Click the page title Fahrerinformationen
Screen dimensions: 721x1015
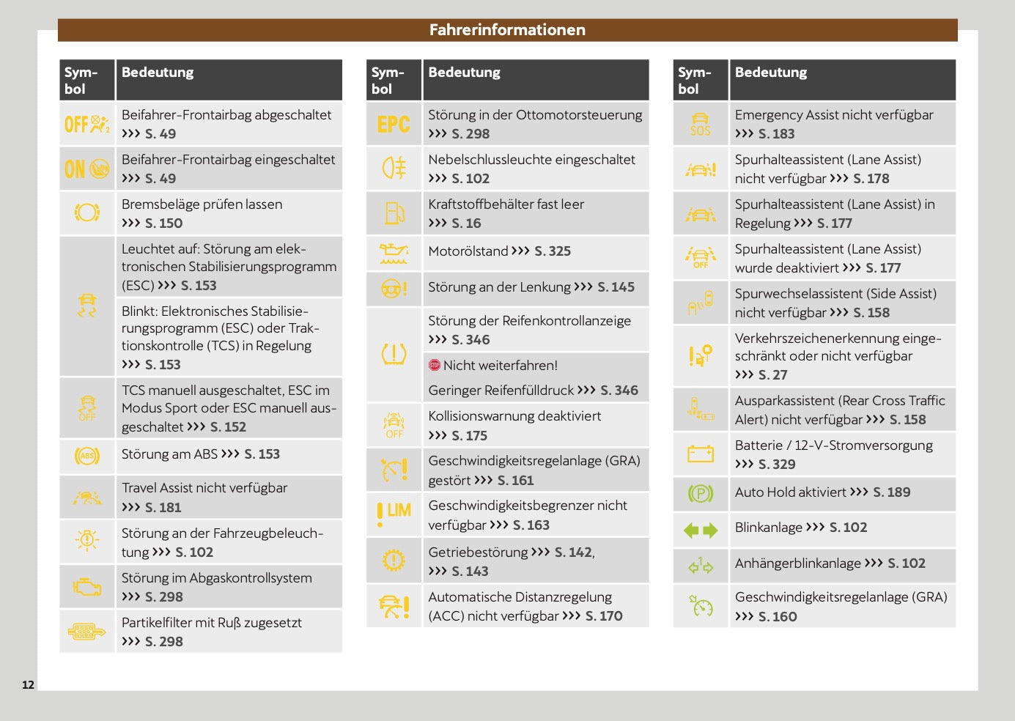(x=507, y=30)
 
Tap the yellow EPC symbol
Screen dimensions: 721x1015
(x=394, y=125)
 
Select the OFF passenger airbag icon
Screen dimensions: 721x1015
(x=86, y=125)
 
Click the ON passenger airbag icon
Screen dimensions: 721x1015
(x=86, y=169)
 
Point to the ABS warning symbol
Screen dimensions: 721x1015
(x=87, y=456)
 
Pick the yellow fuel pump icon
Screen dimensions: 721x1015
(x=394, y=213)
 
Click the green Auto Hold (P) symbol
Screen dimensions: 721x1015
(x=701, y=494)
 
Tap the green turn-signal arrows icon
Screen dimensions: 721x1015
(x=701, y=530)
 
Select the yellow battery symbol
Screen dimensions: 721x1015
(x=701, y=454)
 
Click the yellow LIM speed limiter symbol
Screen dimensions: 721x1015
(x=394, y=513)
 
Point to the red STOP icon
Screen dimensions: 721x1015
(x=435, y=365)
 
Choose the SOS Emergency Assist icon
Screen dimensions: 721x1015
(x=701, y=125)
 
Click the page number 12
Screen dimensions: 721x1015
(x=28, y=685)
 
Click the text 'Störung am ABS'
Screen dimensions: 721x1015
(x=169, y=454)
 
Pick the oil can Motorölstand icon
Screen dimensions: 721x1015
(x=394, y=253)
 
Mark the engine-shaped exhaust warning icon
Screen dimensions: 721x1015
(x=87, y=587)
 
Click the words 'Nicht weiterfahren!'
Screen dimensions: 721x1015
(x=501, y=366)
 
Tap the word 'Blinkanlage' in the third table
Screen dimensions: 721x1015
(x=768, y=528)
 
